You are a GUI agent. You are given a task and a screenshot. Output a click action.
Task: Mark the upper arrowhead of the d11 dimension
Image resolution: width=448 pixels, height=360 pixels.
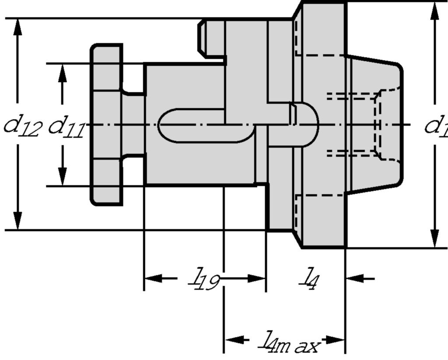(63, 73)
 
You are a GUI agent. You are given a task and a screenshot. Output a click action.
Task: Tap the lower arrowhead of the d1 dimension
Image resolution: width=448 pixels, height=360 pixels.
(434, 238)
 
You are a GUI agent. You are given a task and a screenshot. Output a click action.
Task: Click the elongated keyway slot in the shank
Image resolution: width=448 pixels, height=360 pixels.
(206, 125)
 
